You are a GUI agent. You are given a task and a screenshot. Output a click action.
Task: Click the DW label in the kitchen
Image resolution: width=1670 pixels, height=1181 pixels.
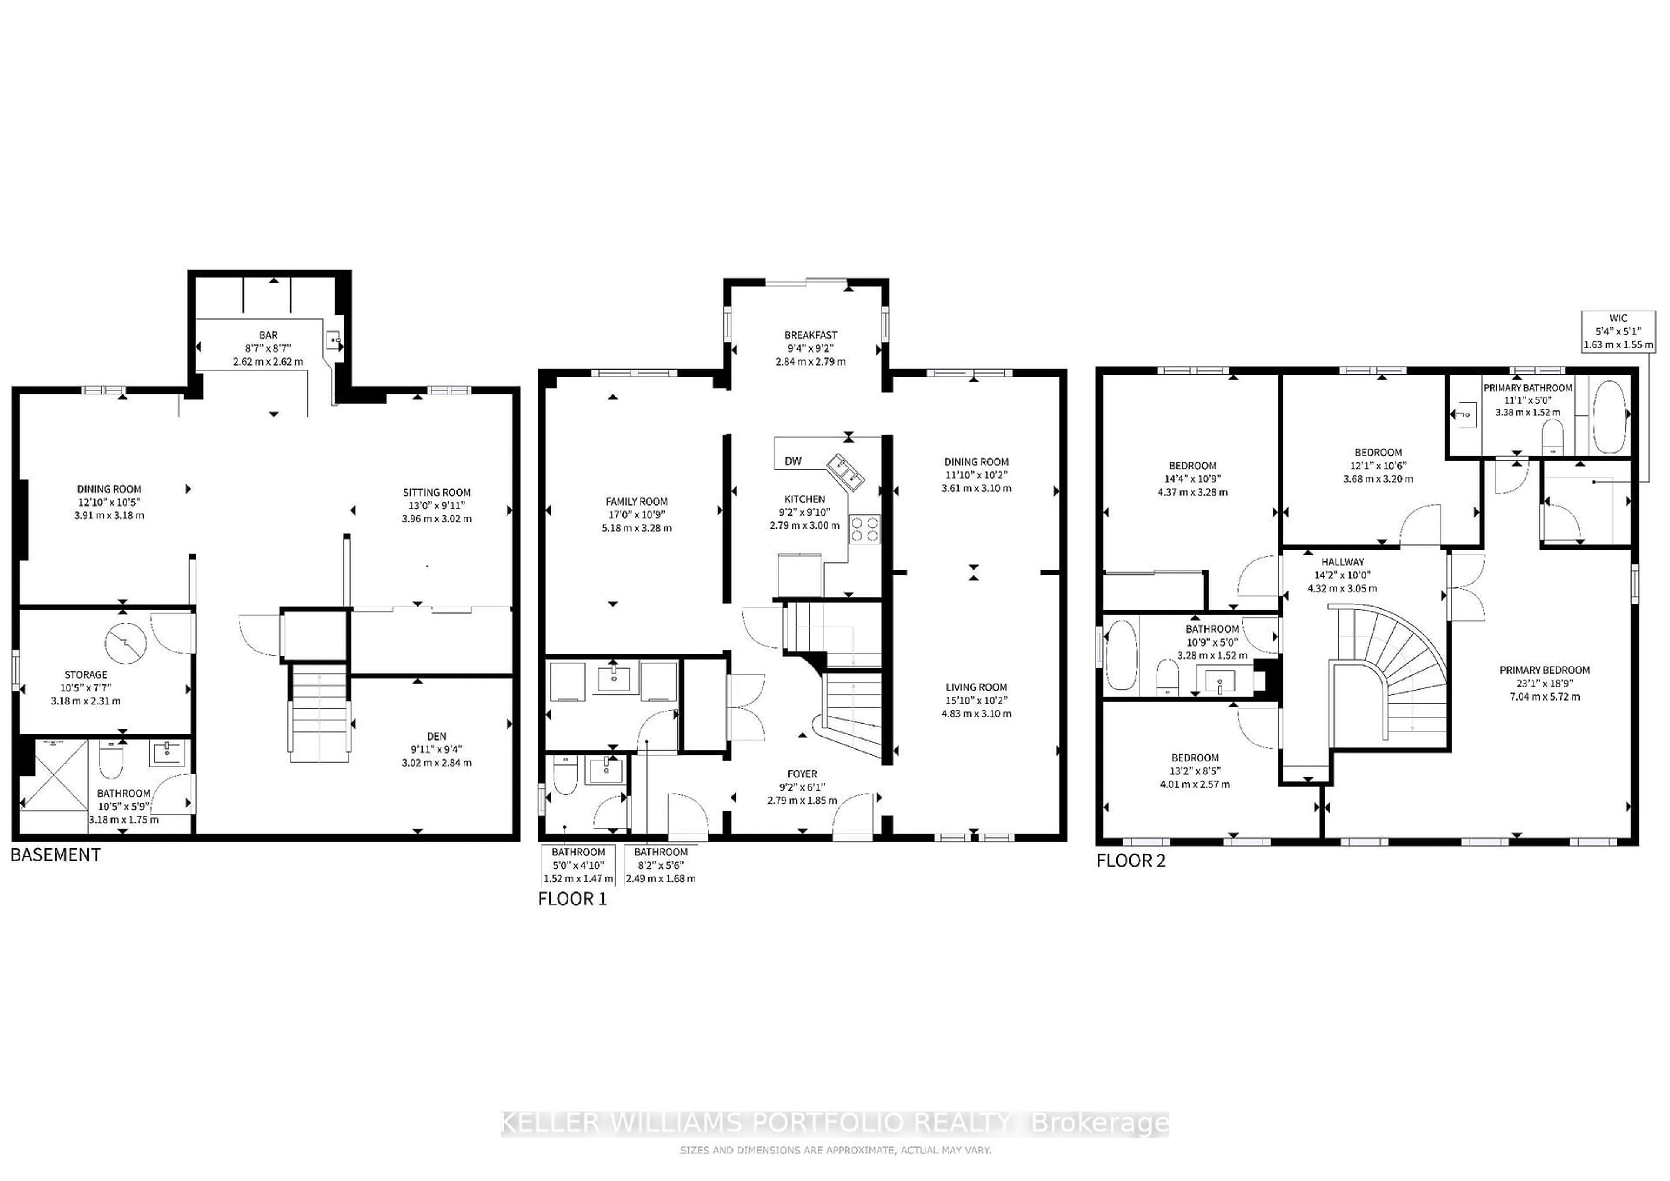coord(793,461)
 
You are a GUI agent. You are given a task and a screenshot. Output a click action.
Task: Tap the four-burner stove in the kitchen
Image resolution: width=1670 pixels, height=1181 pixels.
coord(864,529)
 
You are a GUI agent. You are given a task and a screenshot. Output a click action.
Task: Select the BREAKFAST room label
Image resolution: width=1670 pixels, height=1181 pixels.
coord(810,335)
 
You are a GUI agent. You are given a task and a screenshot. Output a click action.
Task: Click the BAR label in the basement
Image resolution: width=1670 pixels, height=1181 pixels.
coord(268,335)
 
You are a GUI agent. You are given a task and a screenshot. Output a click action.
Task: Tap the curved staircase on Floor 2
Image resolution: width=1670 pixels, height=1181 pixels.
coord(1389,669)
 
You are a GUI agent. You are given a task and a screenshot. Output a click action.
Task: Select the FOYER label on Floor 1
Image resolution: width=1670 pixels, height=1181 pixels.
coord(802,774)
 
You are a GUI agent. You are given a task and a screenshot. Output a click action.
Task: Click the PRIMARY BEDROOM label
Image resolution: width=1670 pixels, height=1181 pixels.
coord(1544,670)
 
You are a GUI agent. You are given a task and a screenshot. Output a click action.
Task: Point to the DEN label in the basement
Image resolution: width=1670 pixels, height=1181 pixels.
coord(437,736)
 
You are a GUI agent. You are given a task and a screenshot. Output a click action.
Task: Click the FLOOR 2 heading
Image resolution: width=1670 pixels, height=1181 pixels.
coord(1131,861)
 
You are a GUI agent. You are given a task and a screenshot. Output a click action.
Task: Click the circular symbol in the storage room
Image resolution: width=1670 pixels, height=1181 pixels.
coord(126,642)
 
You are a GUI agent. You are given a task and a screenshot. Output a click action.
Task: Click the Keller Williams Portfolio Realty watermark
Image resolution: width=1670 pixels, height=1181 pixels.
coord(835,1124)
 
